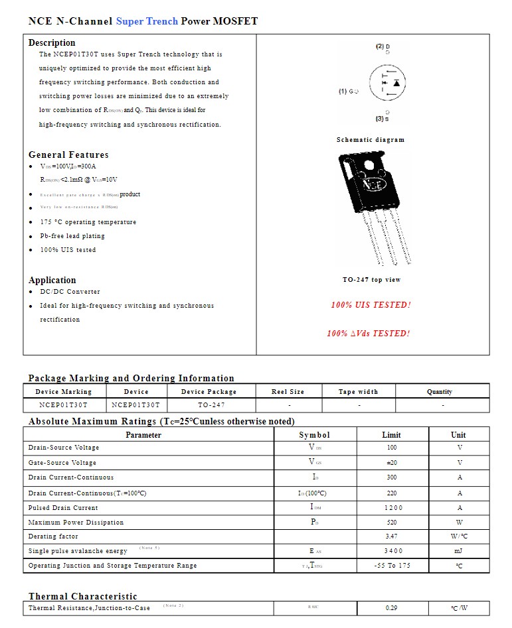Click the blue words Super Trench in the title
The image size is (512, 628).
click(147, 21)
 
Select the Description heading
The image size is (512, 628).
click(52, 42)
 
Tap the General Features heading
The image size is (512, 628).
click(68, 155)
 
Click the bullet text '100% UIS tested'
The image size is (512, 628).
click(68, 250)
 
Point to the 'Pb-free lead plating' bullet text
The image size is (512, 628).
click(72, 236)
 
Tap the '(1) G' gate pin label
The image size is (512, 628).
click(349, 92)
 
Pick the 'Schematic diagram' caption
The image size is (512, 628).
click(370, 140)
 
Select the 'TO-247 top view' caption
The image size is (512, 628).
click(371, 280)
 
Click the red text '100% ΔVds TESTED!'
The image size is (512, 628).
click(368, 334)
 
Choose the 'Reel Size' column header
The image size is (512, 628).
click(288, 392)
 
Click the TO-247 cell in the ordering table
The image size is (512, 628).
click(211, 405)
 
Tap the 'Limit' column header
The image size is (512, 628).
click(391, 435)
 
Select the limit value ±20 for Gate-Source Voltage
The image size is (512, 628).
click(391, 463)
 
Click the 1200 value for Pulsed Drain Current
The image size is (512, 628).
click(391, 508)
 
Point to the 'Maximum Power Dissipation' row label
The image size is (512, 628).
click(76, 523)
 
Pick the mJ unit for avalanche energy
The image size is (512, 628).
click(459, 551)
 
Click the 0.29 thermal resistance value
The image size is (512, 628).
click(391, 608)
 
